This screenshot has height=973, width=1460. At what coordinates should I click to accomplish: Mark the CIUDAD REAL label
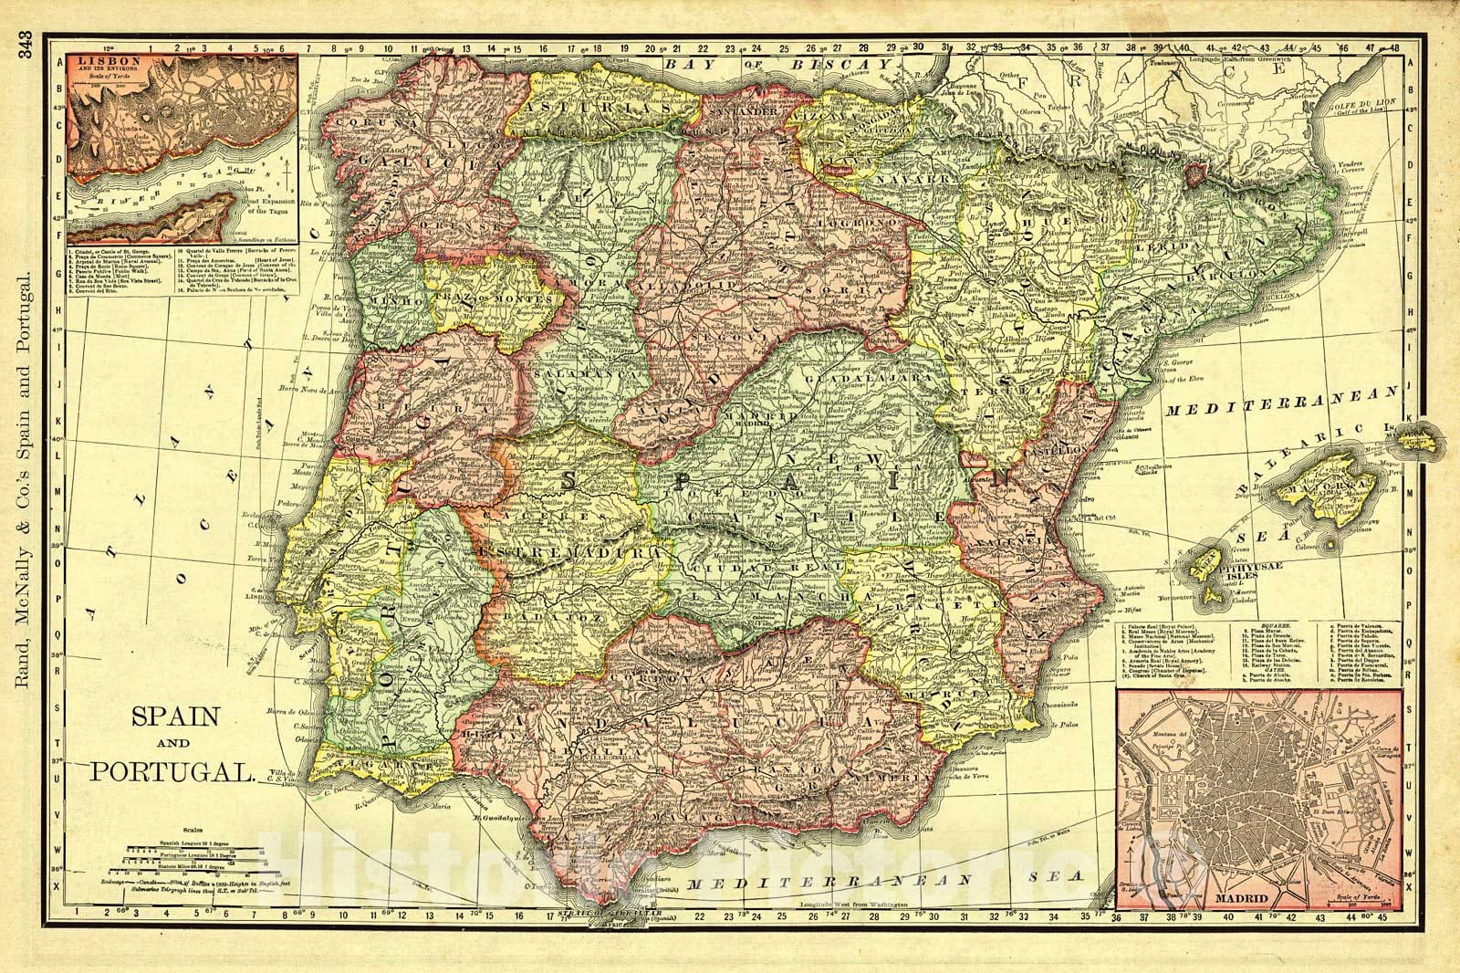click(754, 569)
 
